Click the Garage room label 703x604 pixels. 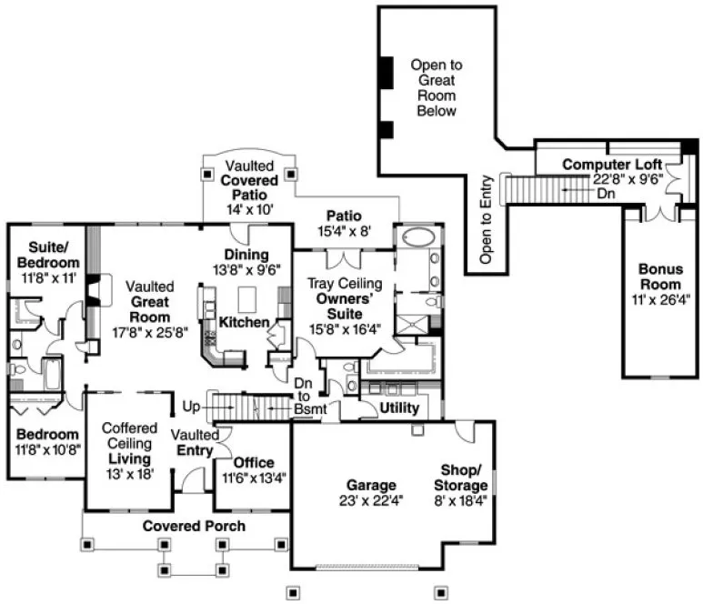click(369, 485)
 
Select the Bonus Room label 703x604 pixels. click(659, 277)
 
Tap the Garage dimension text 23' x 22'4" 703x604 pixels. click(369, 499)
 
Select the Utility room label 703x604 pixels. click(400, 407)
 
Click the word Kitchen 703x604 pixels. click(244, 322)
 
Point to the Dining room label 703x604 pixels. click(246, 255)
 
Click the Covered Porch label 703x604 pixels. click(193, 526)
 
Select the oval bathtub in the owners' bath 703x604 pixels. click(418, 239)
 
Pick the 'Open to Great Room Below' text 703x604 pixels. click(436, 87)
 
